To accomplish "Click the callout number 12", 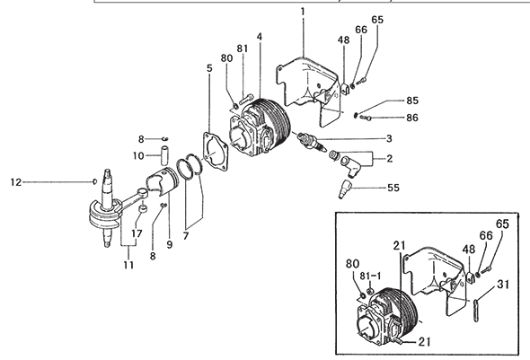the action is (16, 182).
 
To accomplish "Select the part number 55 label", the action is (393, 188).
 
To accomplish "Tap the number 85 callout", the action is (412, 101).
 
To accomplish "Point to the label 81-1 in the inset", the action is (370, 277).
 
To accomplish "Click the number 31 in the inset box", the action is (503, 285).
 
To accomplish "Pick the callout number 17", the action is (137, 233).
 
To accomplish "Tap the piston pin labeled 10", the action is (164, 155).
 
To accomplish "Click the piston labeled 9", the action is (163, 181).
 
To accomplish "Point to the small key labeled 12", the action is (95, 181).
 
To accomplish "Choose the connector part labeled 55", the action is (344, 189).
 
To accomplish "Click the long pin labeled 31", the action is (476, 310).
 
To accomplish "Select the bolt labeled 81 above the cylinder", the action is (246, 99).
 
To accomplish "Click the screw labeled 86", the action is (366, 118).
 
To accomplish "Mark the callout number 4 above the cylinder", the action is (260, 37).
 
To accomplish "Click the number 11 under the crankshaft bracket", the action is (128, 265).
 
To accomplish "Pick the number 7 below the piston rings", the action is (186, 236).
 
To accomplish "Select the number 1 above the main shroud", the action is (303, 12).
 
